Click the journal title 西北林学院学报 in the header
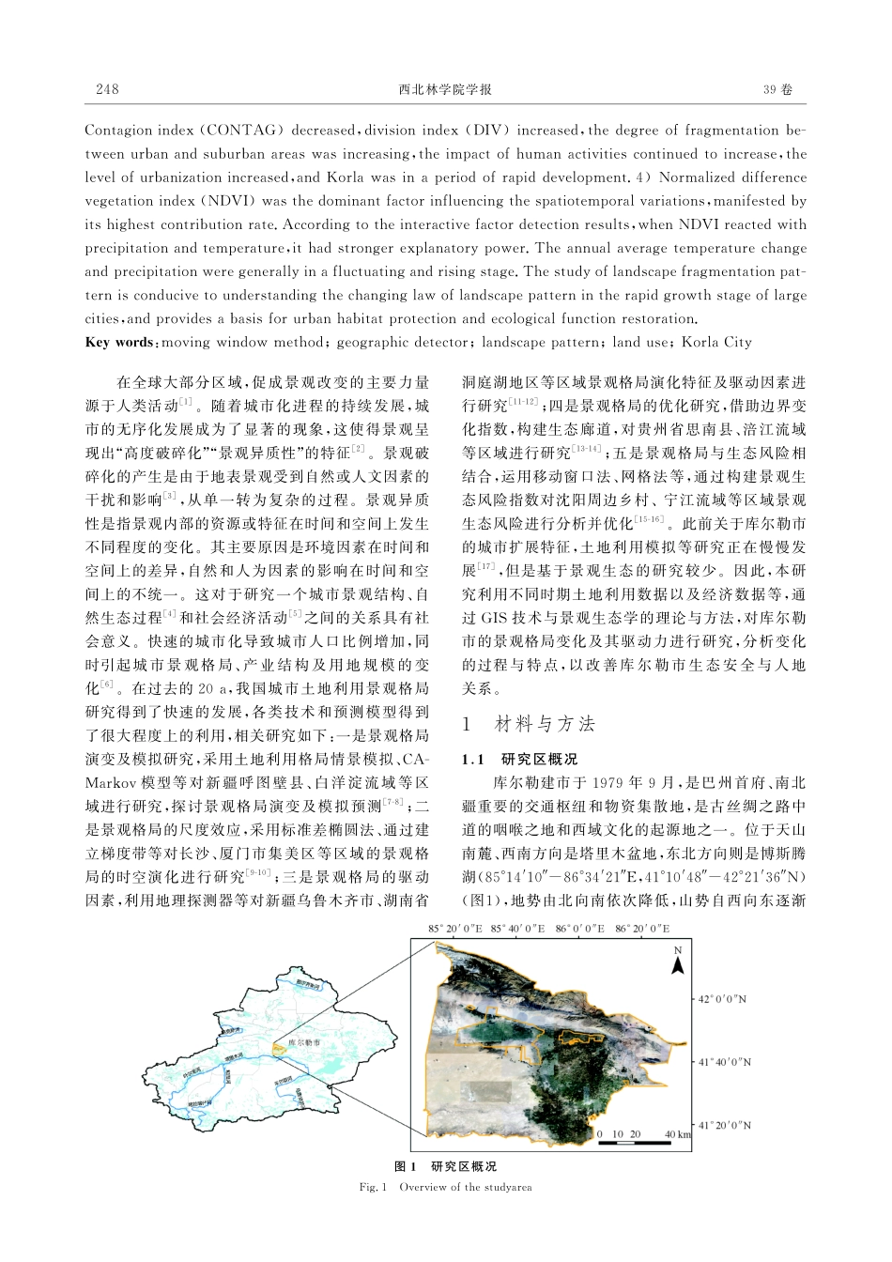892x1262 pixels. coord(445,89)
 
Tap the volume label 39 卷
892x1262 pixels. coord(777,89)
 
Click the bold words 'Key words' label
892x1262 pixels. coord(118,342)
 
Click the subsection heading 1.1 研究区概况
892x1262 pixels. coord(519,759)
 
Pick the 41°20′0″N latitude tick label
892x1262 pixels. coord(723,1124)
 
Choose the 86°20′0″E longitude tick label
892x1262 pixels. coord(642,929)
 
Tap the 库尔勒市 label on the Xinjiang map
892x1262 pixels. coord(303,1042)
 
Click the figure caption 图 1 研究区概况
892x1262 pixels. coord(445,1166)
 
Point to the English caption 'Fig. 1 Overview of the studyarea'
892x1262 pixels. coord(445,1187)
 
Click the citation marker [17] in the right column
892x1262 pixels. coord(485,567)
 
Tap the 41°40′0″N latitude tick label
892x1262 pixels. coord(723,1062)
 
